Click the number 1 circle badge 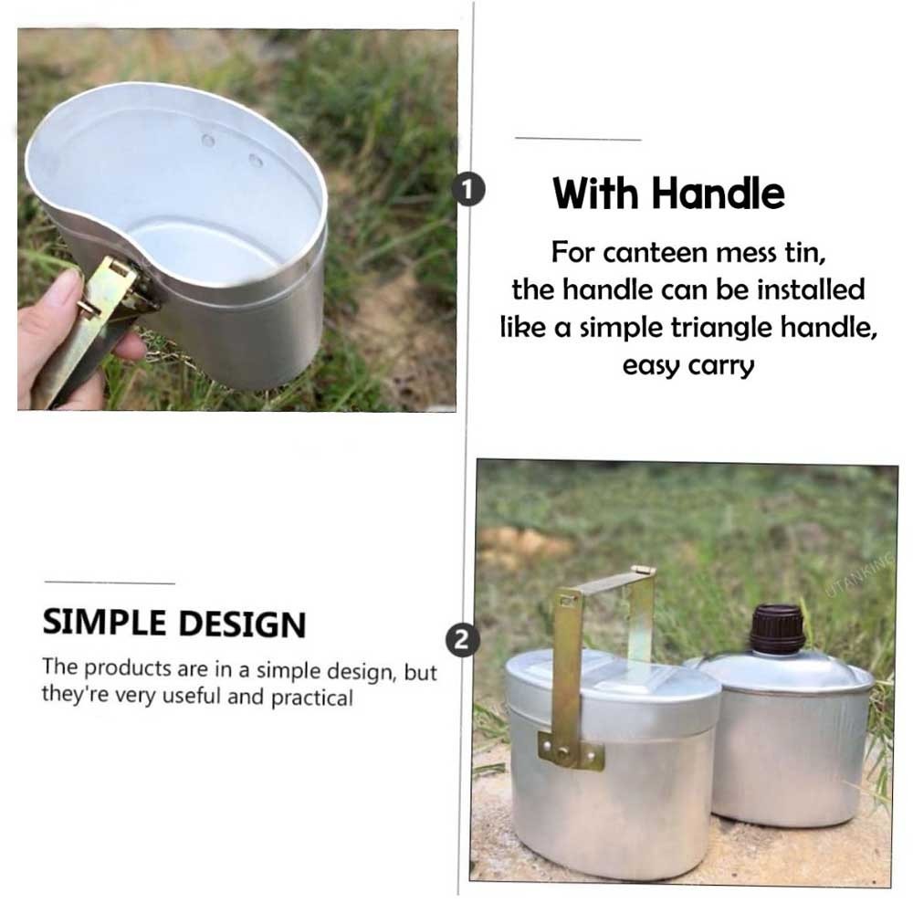point(469,189)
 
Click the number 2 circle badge point(463,640)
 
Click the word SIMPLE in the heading point(105,623)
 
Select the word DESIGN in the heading point(242,624)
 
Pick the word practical point(312,698)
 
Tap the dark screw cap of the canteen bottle point(777,629)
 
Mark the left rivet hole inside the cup point(208,141)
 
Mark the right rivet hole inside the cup point(256,160)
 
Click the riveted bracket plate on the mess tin point(571,752)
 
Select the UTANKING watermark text point(861,575)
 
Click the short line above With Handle point(578,139)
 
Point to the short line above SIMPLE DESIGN point(110,582)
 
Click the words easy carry point(688,366)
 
